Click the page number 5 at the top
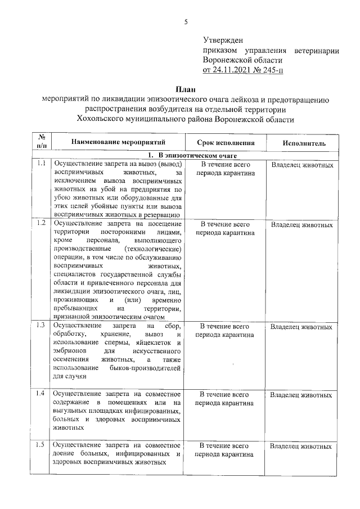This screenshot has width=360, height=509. [185, 22]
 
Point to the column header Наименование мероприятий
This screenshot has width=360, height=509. [116, 143]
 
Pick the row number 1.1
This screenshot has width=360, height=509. [41, 164]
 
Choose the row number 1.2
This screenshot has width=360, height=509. [41, 223]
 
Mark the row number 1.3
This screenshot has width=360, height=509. [41, 325]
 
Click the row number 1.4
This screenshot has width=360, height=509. [41, 393]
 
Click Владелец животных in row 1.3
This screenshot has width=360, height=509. [301, 326]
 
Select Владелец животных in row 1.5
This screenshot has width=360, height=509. [301, 446]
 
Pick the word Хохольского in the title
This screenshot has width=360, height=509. [100, 120]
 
